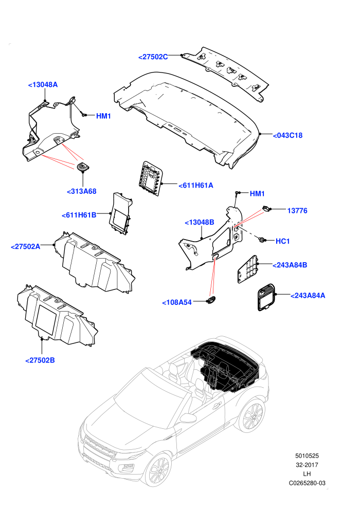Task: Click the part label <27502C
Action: pos(153,57)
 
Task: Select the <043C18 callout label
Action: pos(287,135)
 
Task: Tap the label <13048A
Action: pos(43,85)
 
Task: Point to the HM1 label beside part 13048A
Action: pos(103,116)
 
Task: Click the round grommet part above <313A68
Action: pos(83,167)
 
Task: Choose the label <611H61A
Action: pos(196,186)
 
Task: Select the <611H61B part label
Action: pos(79,215)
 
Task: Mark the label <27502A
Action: pos(26,247)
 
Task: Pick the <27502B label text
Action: pos(40,360)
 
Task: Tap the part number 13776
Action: pos(297,211)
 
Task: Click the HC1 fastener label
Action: pos(282,241)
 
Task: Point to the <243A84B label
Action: pos(290,265)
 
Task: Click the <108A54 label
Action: pos(177,302)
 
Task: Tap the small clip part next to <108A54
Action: pos(211,300)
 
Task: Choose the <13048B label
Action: pos(200,222)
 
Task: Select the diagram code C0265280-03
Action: pos(307,483)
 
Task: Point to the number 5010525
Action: pos(307,456)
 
